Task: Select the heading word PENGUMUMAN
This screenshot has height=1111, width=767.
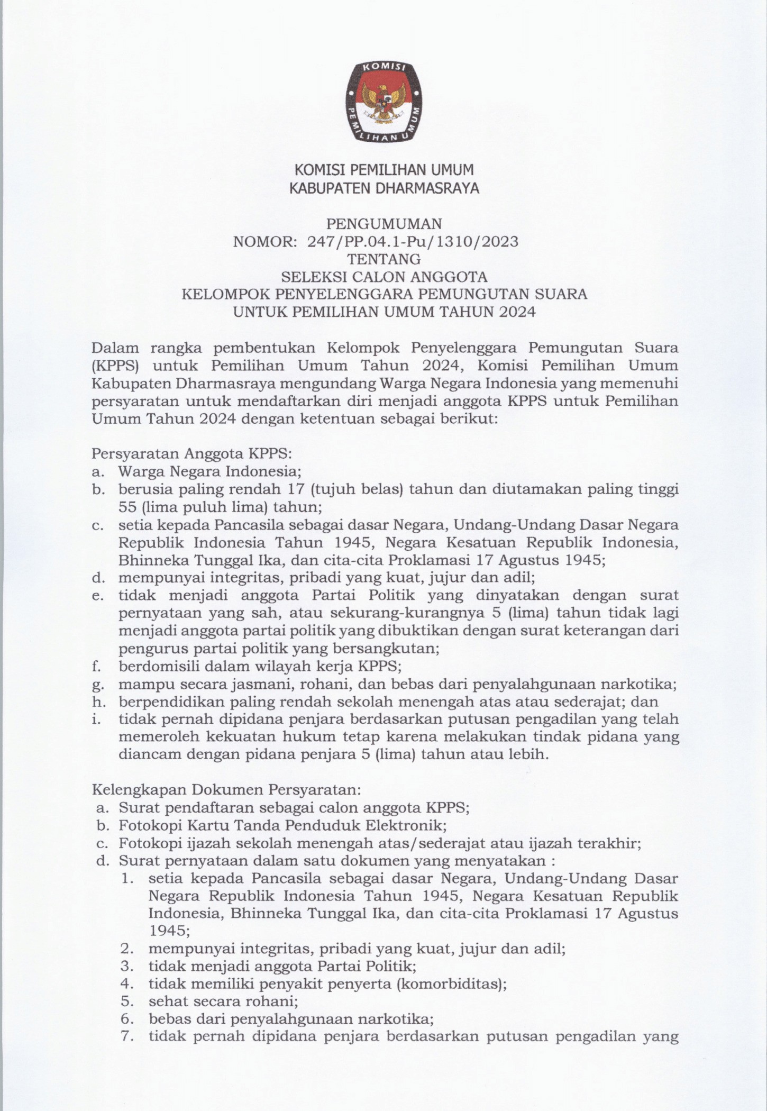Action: (x=383, y=224)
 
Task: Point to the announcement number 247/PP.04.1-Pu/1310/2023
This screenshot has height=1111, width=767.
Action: (x=413, y=242)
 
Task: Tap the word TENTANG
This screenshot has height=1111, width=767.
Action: (x=383, y=259)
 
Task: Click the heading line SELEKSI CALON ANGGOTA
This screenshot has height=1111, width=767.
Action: (x=384, y=277)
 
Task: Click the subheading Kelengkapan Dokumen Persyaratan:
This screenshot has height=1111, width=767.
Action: (x=226, y=790)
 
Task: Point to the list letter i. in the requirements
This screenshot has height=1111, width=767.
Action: (x=96, y=719)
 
